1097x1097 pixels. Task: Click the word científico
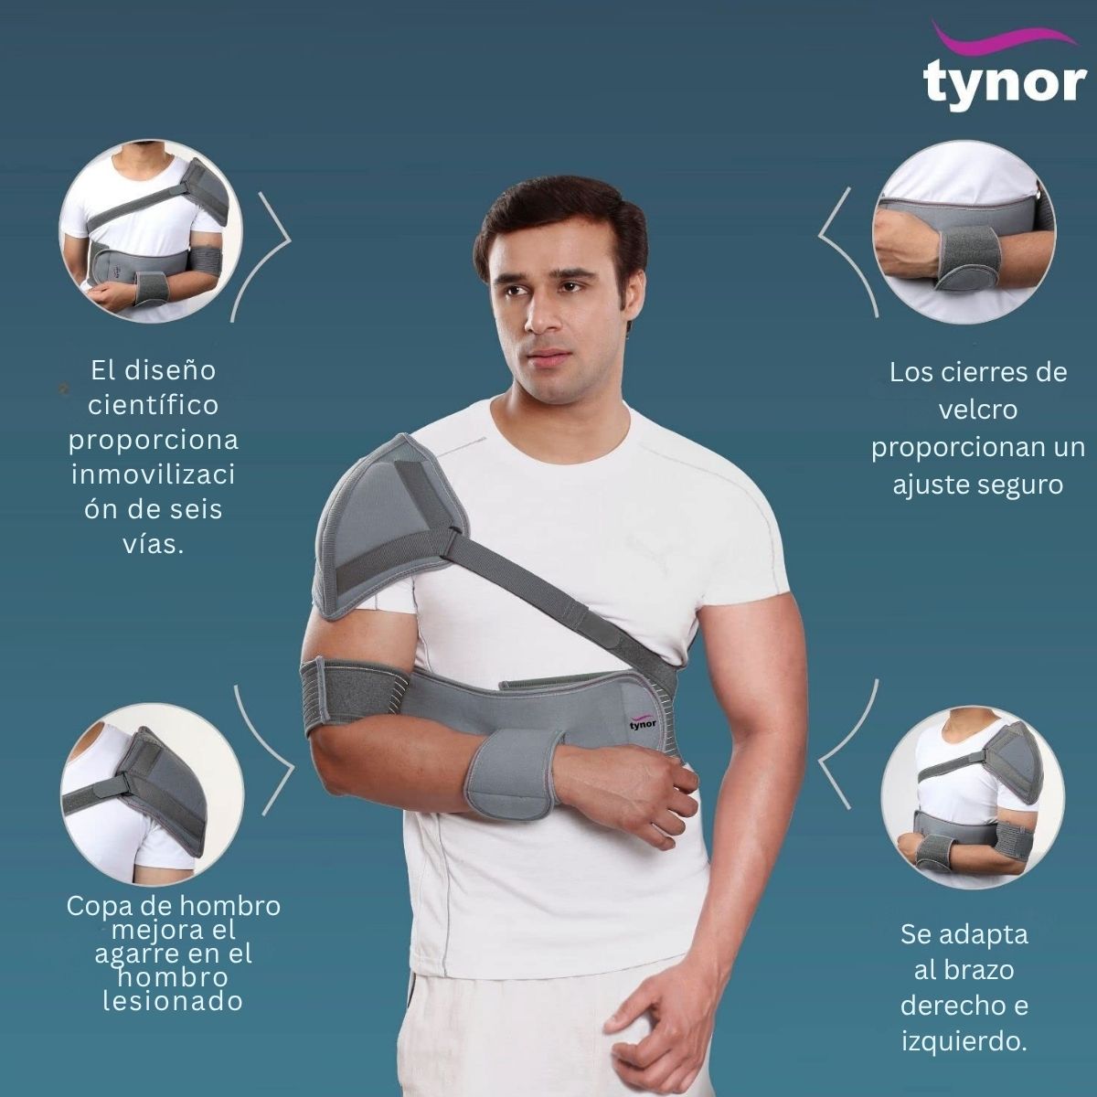click(154, 405)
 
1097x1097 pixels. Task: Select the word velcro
click(978, 410)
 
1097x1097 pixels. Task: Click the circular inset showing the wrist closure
click(964, 244)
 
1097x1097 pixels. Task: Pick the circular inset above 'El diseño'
click(151, 232)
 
